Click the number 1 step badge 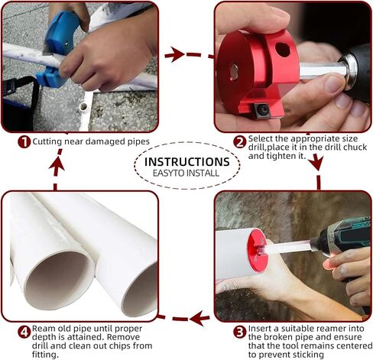pos(24,142)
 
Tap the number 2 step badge pos(240,142)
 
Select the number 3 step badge pos(240,332)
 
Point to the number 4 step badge pos(24,332)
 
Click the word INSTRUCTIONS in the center pos(187,162)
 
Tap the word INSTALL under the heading pos(203,174)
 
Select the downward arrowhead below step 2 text pos(316,164)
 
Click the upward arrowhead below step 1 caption pos(57,164)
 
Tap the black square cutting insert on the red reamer pos(263,110)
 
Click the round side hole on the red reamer pos(283,50)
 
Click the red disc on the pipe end pos(257,251)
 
